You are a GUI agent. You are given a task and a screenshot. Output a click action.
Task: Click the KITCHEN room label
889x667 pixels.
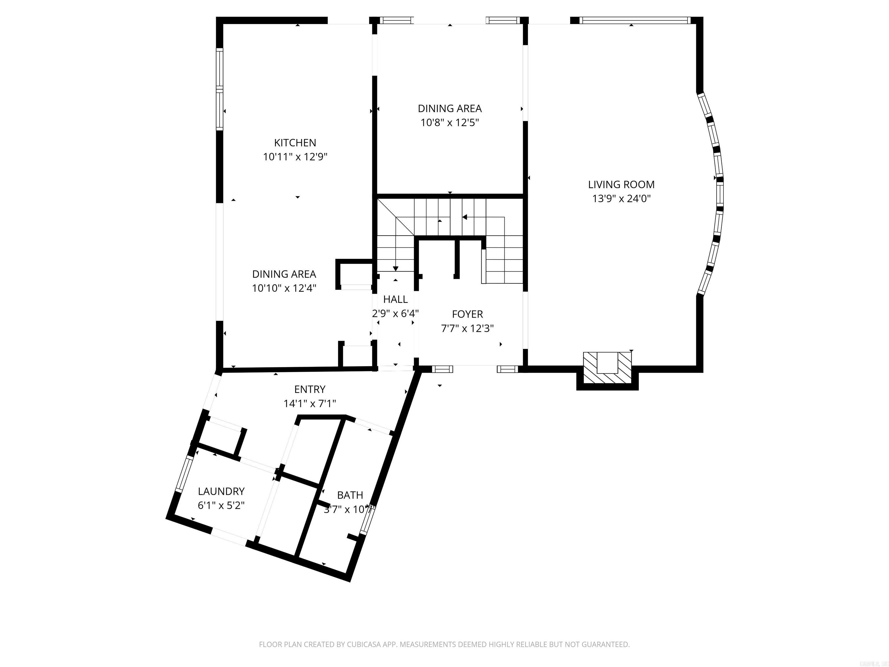click(x=295, y=143)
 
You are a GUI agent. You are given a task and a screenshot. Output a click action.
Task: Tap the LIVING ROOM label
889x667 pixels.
click(x=621, y=184)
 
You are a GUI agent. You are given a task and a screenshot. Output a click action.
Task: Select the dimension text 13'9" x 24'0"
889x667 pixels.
click(x=621, y=199)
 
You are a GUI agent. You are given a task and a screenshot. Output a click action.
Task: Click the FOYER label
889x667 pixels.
click(x=467, y=314)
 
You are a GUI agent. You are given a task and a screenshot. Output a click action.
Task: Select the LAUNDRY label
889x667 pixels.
click(x=221, y=491)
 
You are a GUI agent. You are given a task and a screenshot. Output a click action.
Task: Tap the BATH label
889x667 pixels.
click(x=350, y=495)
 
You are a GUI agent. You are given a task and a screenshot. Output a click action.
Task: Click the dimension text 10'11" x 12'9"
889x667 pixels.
click(x=295, y=157)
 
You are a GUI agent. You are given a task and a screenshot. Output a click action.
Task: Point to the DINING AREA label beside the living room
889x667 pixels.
click(x=449, y=109)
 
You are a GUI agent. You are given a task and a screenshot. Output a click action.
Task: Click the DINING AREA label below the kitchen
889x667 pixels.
click(x=284, y=274)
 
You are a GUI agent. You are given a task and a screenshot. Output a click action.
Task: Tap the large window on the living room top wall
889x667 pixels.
click(x=634, y=20)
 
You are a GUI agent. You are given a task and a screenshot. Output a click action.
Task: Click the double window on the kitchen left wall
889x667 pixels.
click(x=219, y=89)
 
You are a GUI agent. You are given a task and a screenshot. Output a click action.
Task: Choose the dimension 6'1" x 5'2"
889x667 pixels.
click(x=221, y=505)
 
